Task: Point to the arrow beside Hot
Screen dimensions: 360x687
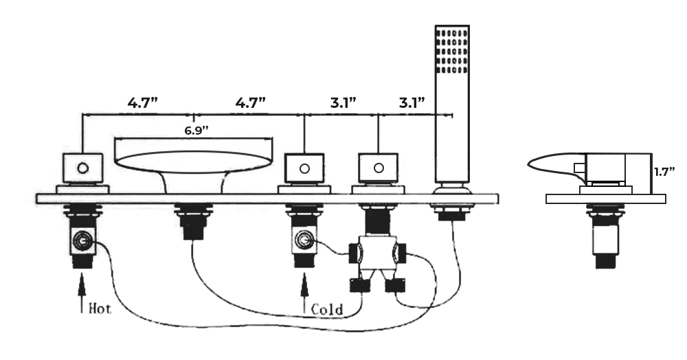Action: tap(81, 291)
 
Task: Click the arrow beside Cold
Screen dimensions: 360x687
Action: tap(303, 291)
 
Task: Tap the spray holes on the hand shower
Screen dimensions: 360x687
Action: tap(453, 51)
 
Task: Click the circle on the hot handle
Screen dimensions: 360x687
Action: tap(82, 167)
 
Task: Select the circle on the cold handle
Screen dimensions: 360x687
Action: tap(304, 167)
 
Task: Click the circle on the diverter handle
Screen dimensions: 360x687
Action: tap(378, 167)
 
